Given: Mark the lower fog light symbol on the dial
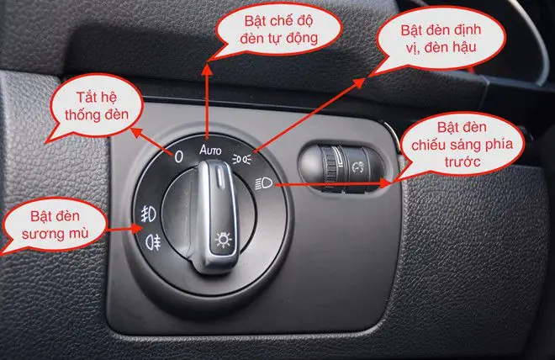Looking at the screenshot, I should coord(153,243).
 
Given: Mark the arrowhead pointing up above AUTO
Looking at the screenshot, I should coord(208,61).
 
